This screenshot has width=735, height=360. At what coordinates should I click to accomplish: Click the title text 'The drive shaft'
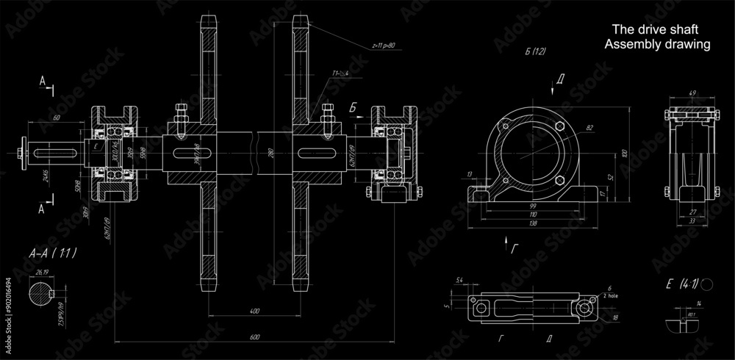coord(654,29)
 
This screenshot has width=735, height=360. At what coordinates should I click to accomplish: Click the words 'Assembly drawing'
coord(656,44)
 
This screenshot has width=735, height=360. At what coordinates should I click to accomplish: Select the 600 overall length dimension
coord(254,337)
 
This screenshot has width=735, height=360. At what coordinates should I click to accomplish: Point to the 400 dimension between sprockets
coord(254,312)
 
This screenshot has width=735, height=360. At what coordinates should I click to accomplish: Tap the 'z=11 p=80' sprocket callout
coord(383,45)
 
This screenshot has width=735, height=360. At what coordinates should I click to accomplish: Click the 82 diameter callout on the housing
coord(589,129)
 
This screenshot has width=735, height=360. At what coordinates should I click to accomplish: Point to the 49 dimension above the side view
coord(692,93)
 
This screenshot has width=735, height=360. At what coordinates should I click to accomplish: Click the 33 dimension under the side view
coord(691,220)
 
